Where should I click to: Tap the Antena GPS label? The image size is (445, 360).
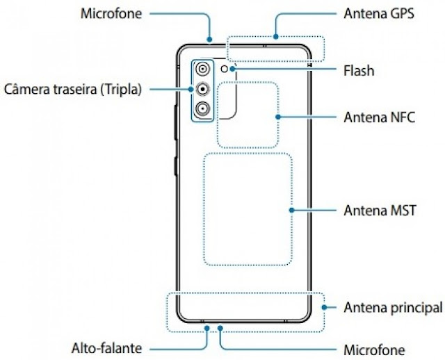pos(379,13)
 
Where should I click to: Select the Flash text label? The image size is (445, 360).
pos(359,70)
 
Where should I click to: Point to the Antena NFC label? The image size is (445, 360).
pos(379,117)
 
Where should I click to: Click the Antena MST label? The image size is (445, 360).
pos(380,209)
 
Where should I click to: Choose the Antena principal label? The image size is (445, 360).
pos(392,306)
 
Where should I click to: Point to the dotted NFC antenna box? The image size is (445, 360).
pos(248,115)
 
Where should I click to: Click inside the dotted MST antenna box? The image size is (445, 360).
pos(248,209)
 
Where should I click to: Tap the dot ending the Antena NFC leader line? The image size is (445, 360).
pos(277,117)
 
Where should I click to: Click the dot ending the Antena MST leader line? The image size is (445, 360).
pos(291,209)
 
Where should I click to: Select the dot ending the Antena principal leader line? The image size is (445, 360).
pos(323,306)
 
